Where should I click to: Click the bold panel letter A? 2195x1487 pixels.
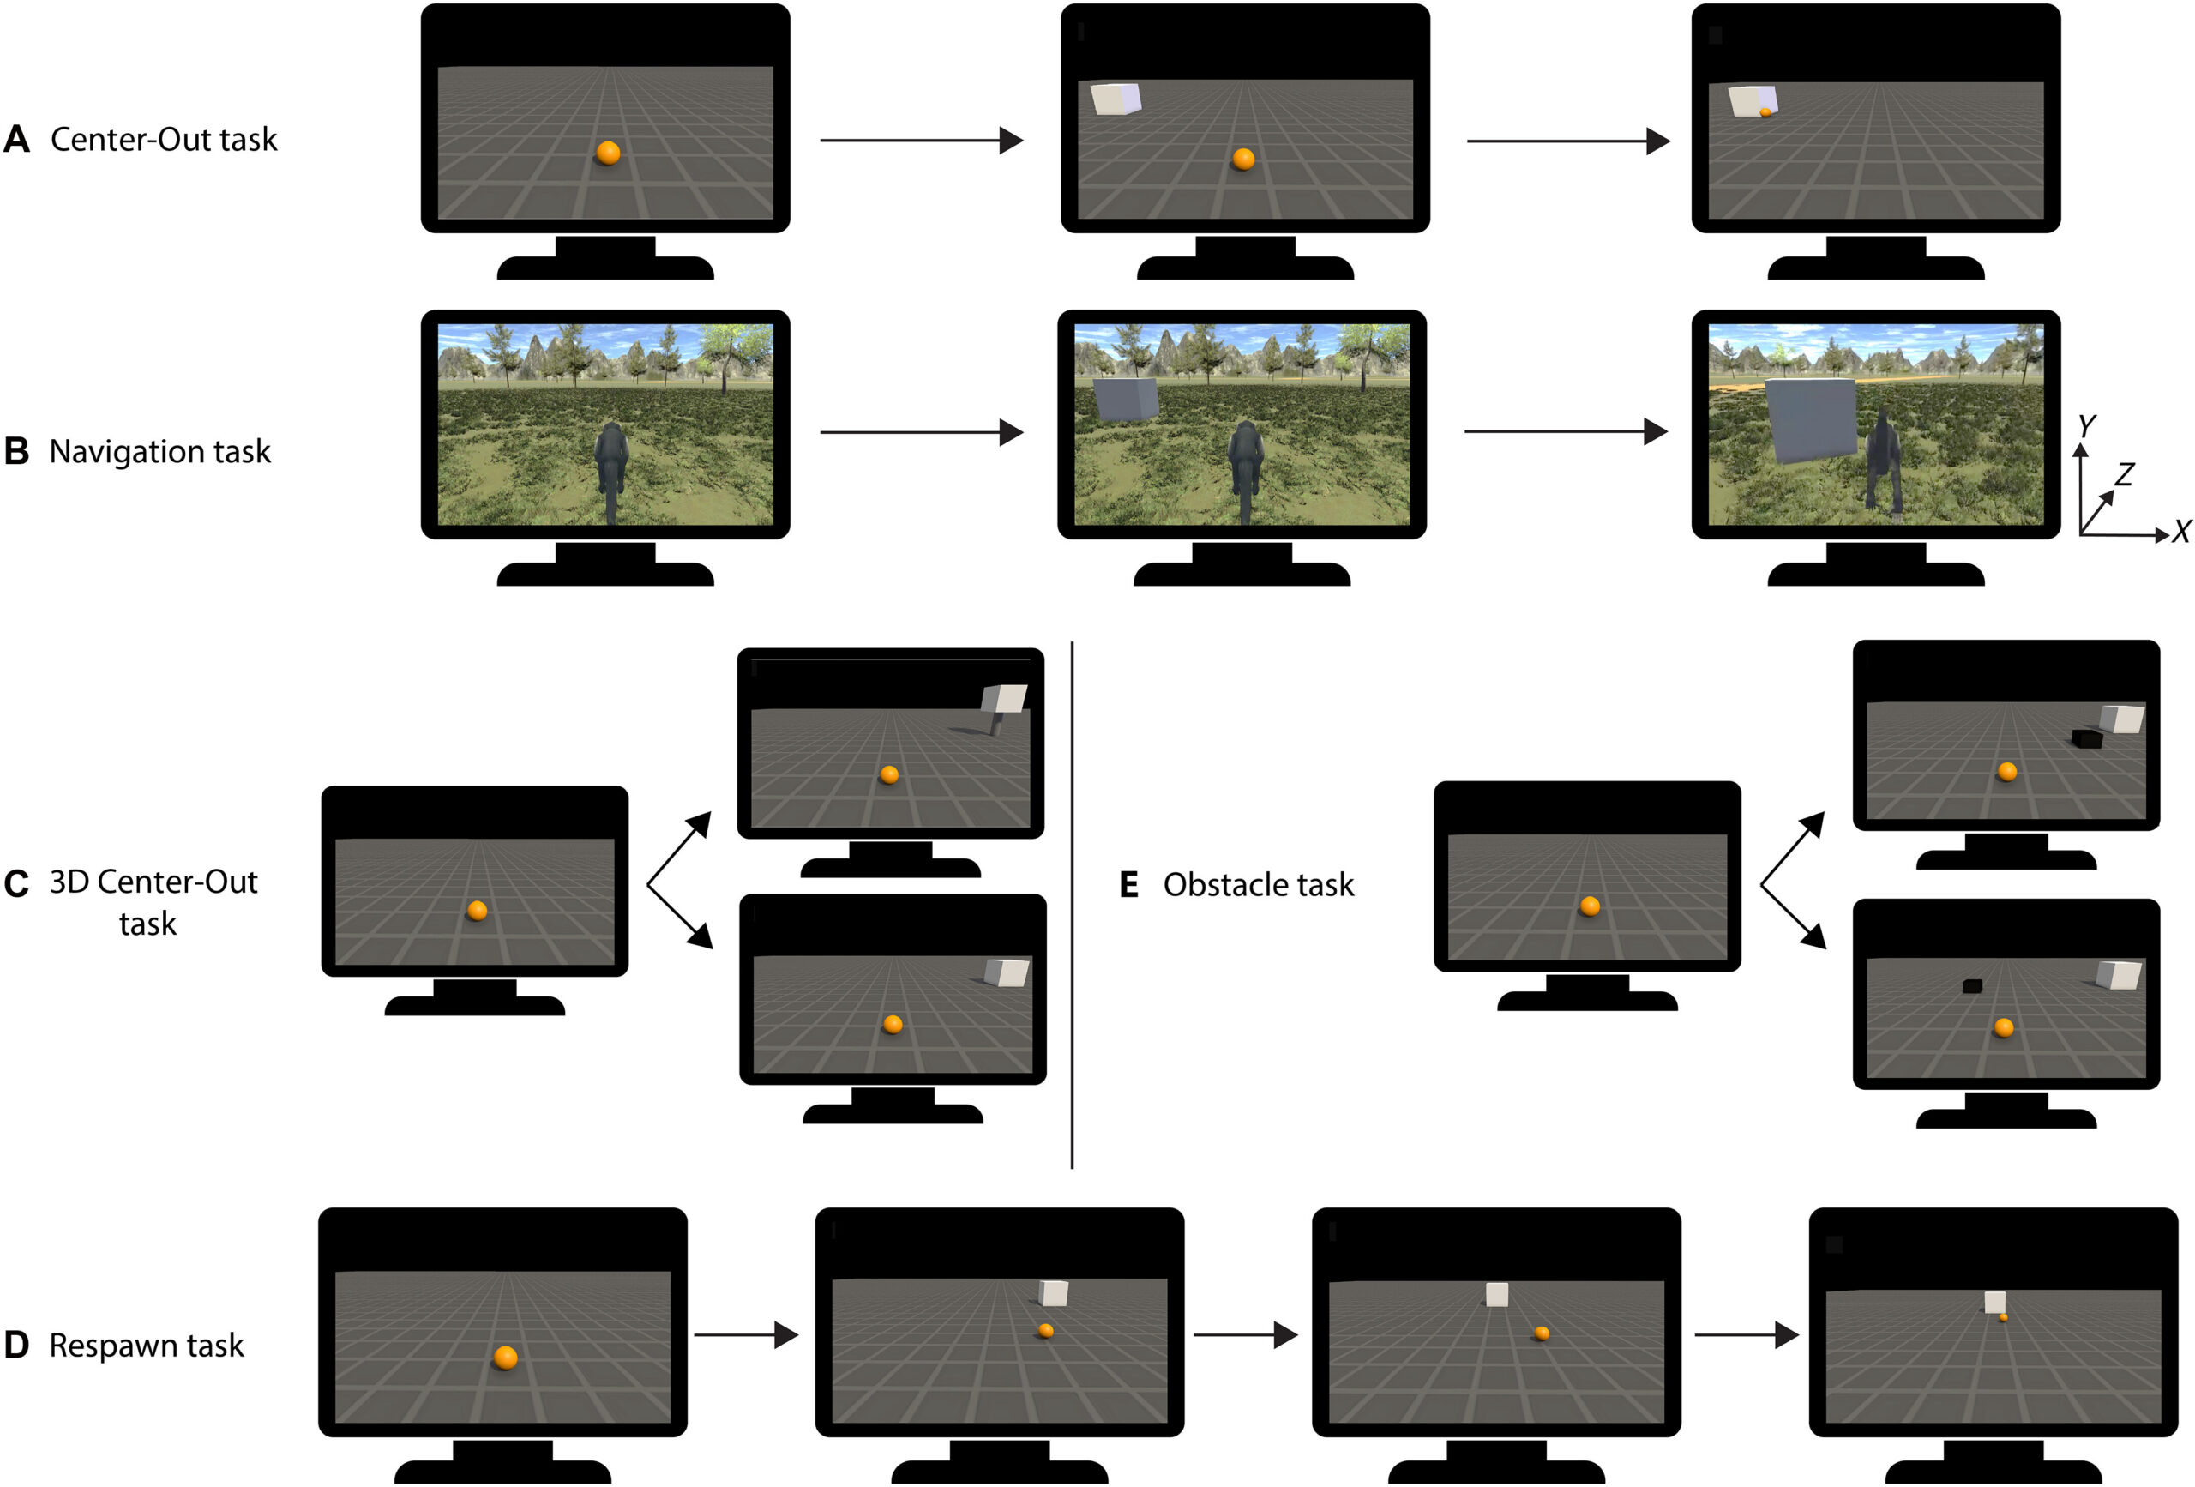[x=17, y=140]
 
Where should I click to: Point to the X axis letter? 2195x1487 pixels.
[x=2180, y=532]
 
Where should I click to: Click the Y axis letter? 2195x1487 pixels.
[x=2087, y=426]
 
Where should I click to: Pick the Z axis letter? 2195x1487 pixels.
[x=2124, y=473]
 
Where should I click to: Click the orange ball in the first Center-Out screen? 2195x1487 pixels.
[x=608, y=152]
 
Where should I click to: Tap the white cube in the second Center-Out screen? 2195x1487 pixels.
[x=1116, y=99]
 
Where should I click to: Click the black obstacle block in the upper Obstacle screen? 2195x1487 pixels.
[x=2086, y=738]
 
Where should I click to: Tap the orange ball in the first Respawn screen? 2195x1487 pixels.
[x=505, y=1358]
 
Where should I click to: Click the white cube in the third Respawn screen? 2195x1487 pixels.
[x=1496, y=1294]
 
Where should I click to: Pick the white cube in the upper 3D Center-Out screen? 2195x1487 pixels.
[x=1003, y=699]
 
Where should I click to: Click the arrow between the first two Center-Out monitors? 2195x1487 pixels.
[x=921, y=141]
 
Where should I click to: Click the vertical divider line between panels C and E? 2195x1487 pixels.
[x=1072, y=904]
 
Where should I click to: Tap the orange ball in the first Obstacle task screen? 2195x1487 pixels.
[x=1590, y=906]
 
